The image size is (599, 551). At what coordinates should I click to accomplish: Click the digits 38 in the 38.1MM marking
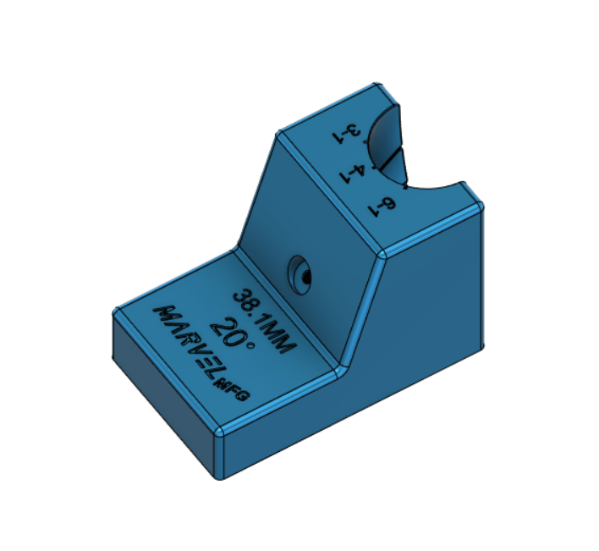click(246, 300)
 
